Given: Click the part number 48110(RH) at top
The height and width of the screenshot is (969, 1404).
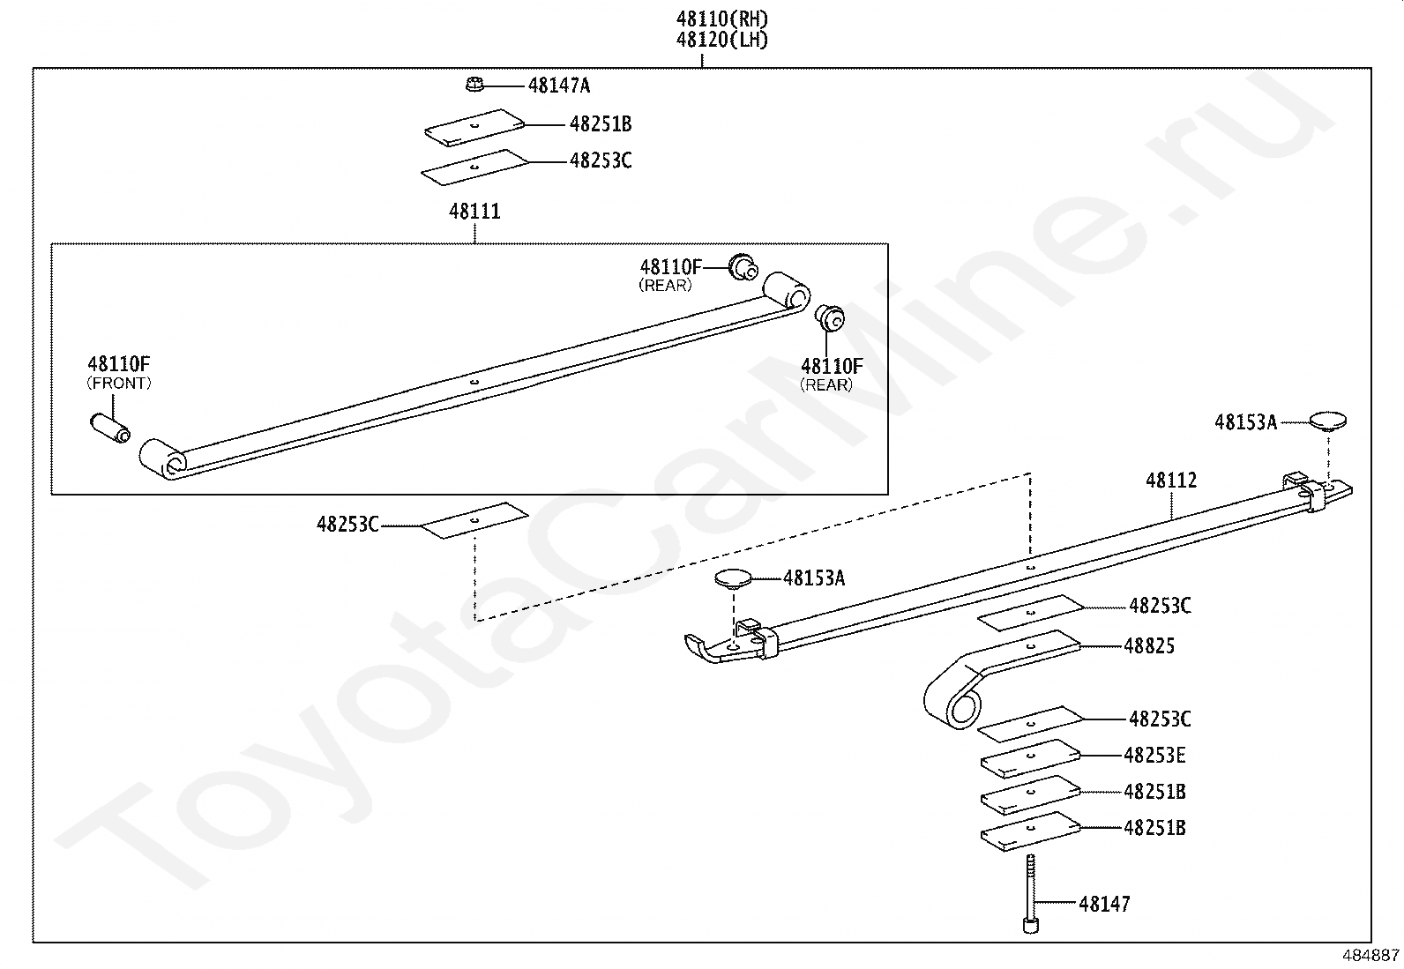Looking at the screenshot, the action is point(722,19).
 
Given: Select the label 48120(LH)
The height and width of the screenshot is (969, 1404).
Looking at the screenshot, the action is point(722,40).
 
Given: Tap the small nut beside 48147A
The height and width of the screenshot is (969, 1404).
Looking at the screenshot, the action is point(474,84).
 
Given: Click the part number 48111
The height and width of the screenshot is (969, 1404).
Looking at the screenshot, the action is point(474,212).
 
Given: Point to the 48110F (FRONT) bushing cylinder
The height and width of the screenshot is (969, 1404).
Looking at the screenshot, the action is point(110,429).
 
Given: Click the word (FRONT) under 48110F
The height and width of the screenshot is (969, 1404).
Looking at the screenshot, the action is point(119,383).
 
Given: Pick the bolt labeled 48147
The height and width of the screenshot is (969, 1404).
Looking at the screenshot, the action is point(1030,893).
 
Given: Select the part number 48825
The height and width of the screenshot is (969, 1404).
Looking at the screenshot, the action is point(1149,645).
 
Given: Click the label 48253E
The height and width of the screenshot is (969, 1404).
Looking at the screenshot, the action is point(1154,756).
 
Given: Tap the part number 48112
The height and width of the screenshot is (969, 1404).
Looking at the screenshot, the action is point(1171,481).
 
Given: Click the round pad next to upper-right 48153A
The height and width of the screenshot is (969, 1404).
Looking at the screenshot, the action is point(1327,421).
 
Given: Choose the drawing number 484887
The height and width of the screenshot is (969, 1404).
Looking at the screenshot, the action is point(1370,955).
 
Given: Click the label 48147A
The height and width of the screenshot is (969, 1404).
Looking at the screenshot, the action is point(559,86).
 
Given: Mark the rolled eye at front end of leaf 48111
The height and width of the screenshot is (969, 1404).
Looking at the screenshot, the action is point(163,458).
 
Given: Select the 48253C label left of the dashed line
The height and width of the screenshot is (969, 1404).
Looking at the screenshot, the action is point(347,524).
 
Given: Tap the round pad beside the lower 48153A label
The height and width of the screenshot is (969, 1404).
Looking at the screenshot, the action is point(733,579).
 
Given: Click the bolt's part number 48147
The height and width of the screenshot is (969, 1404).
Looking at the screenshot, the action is point(1104,904).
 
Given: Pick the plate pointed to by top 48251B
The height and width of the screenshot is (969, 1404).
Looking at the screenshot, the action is point(474,128).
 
